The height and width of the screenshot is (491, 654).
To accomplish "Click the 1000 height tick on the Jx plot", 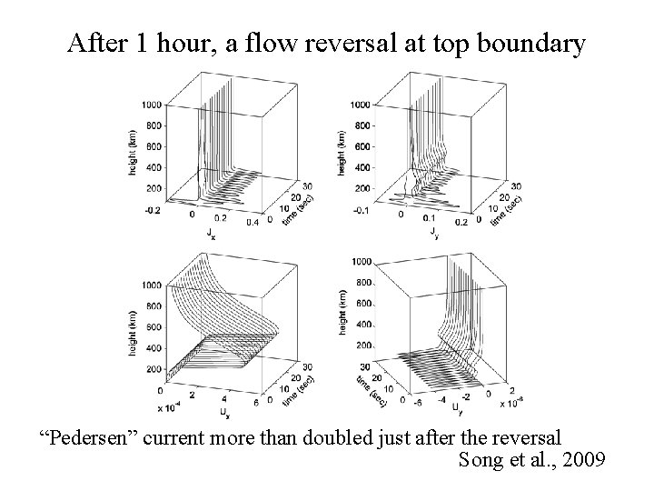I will [x=152, y=105].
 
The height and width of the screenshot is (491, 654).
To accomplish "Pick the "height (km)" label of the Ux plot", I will [x=133, y=333].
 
